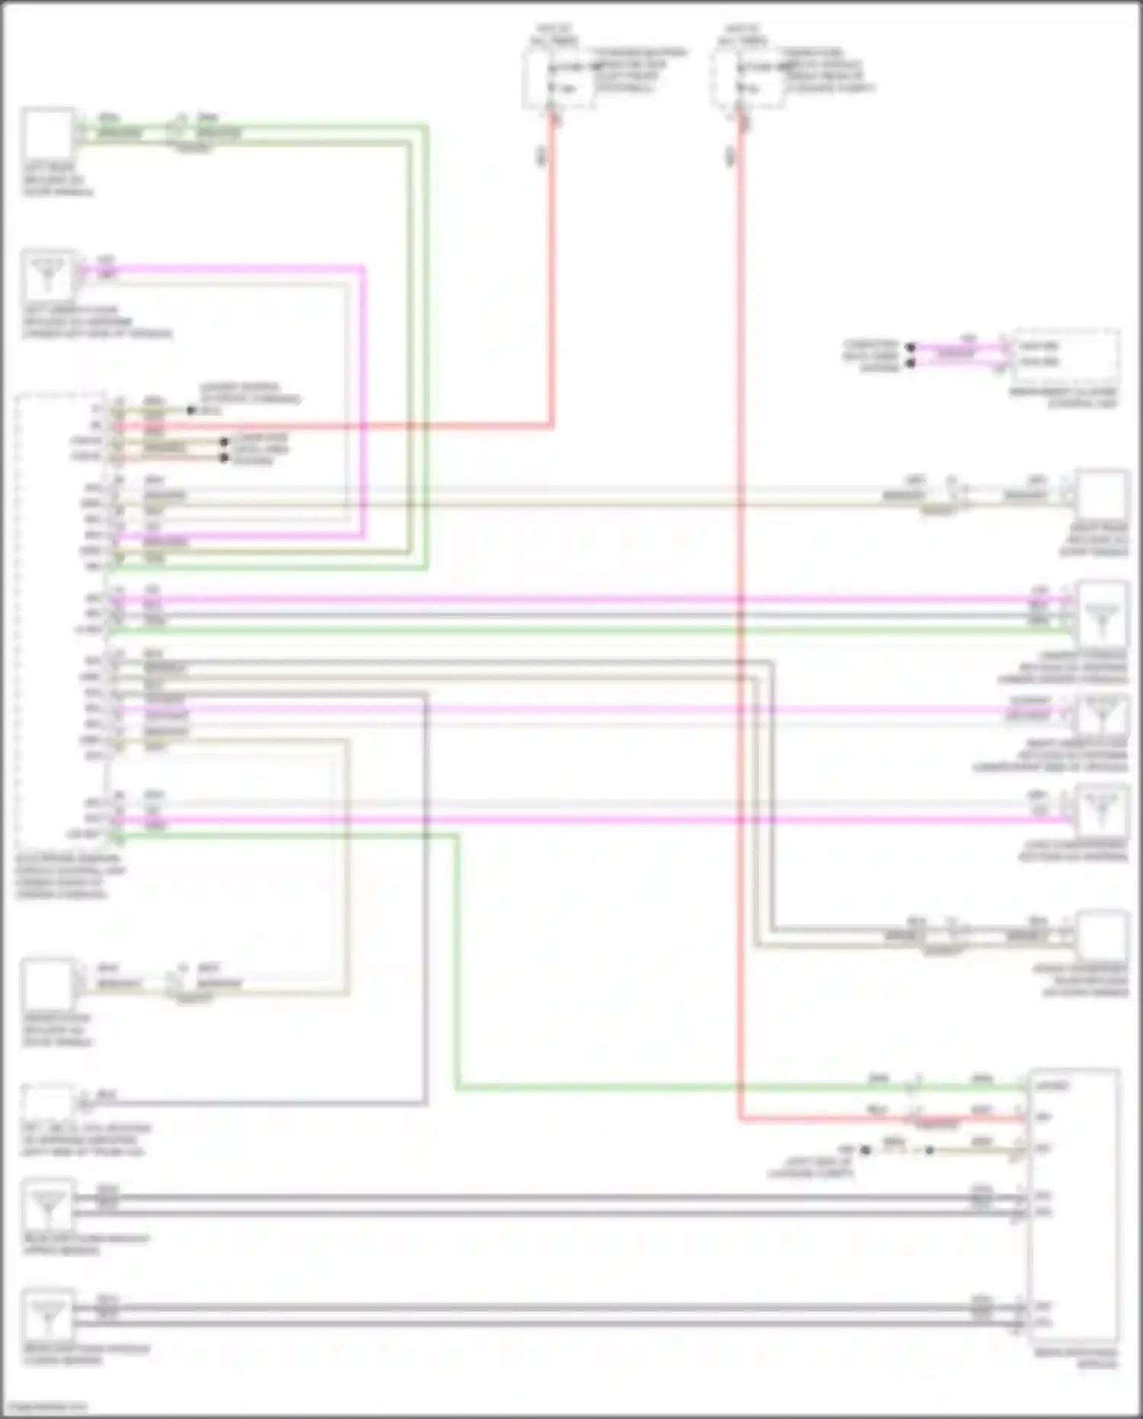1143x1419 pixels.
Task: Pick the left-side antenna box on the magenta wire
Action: [48, 275]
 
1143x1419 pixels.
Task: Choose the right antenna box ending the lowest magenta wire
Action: [1102, 811]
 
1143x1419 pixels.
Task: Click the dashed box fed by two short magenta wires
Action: [1065, 357]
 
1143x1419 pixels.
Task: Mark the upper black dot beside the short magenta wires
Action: [910, 348]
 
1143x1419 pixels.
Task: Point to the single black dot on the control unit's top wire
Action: [191, 410]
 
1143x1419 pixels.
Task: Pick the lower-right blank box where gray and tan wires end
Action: [1102, 936]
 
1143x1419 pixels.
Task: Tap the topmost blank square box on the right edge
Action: [1102, 496]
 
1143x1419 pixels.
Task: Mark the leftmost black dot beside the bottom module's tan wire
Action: [865, 1150]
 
